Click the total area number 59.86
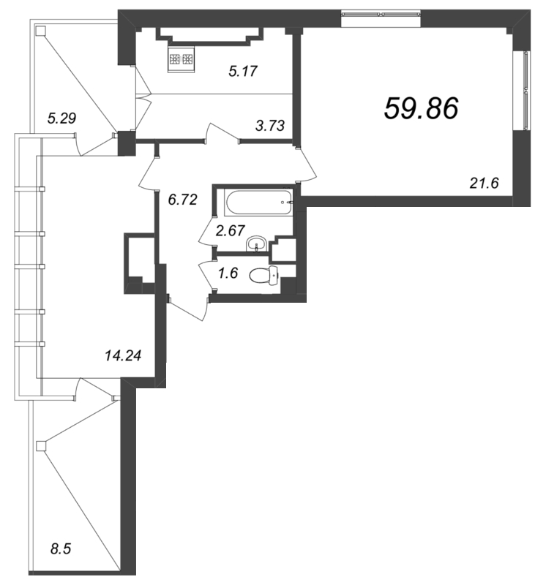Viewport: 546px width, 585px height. (x=422, y=108)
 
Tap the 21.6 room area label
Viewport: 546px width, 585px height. (x=484, y=184)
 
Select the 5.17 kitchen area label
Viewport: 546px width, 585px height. (x=243, y=71)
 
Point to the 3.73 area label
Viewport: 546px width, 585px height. (x=270, y=126)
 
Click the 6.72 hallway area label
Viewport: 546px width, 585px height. (x=183, y=200)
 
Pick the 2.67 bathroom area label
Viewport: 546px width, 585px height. (x=231, y=230)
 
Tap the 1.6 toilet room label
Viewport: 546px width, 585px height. (x=228, y=273)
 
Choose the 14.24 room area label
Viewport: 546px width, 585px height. (x=123, y=355)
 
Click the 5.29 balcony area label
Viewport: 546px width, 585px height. (x=61, y=118)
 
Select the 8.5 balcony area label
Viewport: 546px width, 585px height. (x=61, y=549)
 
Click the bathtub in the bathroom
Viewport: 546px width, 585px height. (x=258, y=203)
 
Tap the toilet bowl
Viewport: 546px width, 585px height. (x=264, y=276)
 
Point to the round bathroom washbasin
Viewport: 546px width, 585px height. (x=256, y=244)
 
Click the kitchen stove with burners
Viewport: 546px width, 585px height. (x=182, y=59)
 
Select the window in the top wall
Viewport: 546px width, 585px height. (x=381, y=15)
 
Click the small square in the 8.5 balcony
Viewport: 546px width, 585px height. (x=41, y=446)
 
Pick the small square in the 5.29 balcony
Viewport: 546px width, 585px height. (x=41, y=30)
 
